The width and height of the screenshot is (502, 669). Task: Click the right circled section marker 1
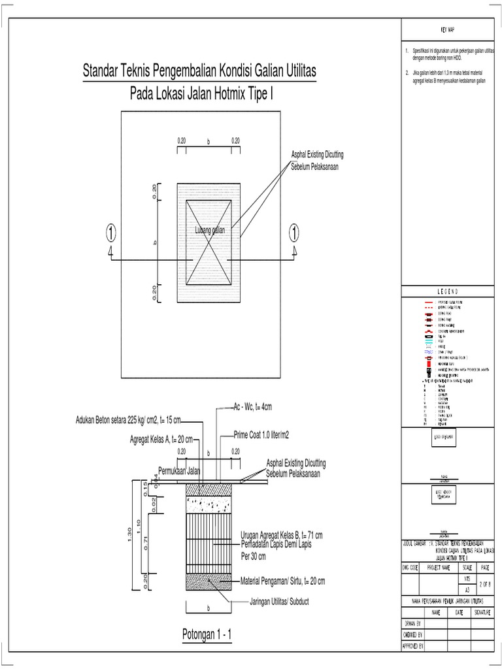click(x=295, y=232)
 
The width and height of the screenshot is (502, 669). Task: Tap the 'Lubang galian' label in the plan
click(x=209, y=231)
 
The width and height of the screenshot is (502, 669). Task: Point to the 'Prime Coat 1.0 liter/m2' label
click(x=262, y=434)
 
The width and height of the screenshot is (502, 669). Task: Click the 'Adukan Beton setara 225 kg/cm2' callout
click(x=128, y=419)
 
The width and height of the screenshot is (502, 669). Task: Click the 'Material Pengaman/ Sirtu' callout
click(x=282, y=580)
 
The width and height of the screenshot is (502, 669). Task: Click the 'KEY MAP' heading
click(x=450, y=31)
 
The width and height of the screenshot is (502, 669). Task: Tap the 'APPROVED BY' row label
click(x=412, y=645)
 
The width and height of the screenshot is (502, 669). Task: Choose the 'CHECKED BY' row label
click(x=412, y=634)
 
